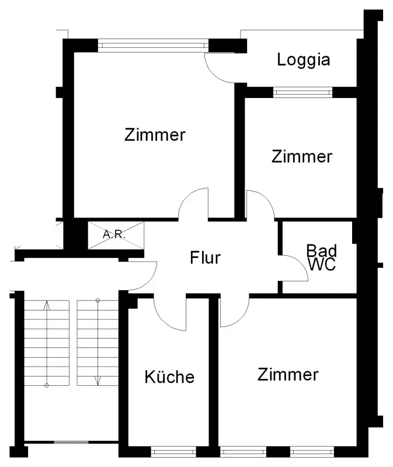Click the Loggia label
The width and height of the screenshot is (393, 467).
304,60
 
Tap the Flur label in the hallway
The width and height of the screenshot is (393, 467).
205,257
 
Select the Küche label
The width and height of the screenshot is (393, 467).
169,377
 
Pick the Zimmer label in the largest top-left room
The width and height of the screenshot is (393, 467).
155,135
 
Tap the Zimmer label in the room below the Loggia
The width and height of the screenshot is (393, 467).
302,156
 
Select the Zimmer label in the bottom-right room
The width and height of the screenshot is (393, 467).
288,374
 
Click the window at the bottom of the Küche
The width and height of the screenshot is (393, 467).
173,451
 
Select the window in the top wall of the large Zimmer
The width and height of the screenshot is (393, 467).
153,44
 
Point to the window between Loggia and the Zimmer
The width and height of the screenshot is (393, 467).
302,92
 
